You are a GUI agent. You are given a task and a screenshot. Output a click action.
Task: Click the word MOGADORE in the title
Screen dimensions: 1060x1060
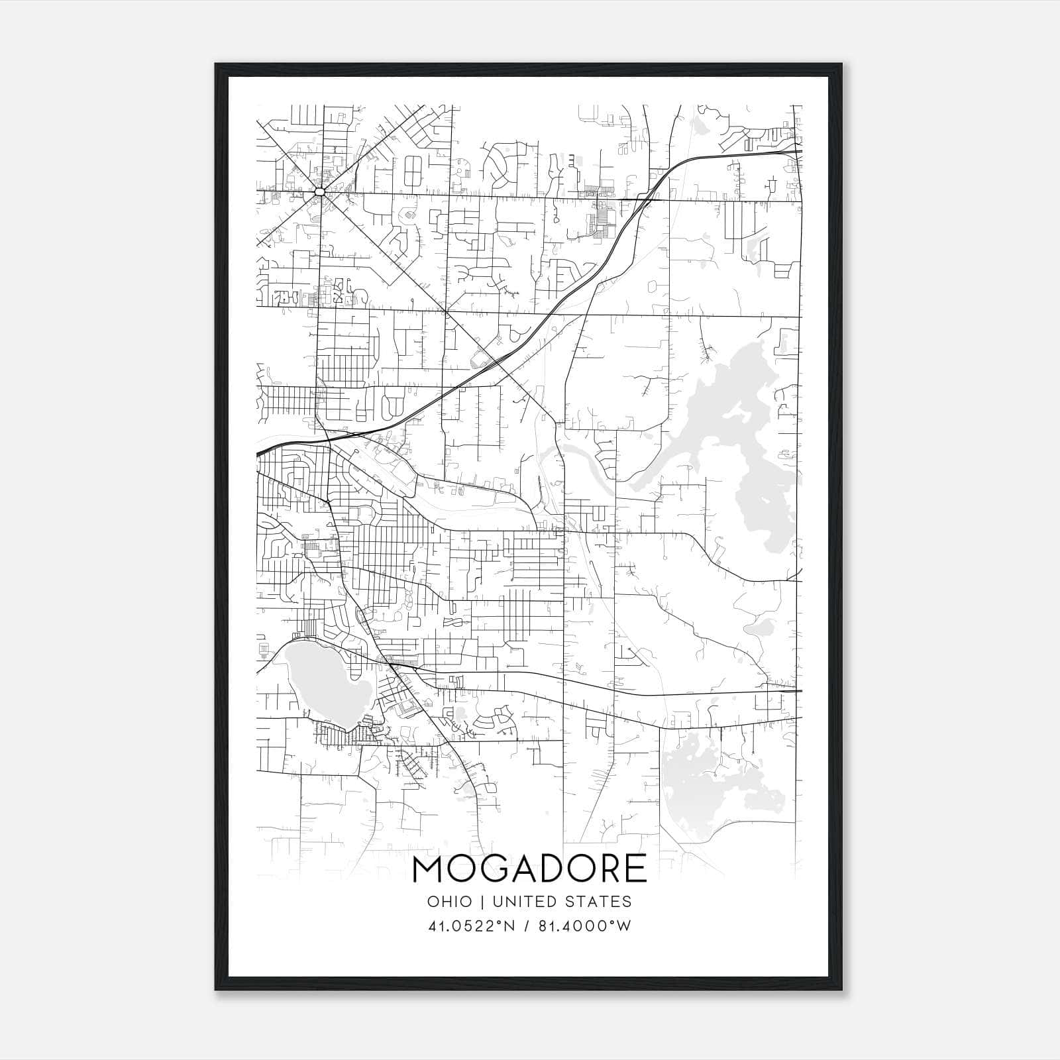point(529,869)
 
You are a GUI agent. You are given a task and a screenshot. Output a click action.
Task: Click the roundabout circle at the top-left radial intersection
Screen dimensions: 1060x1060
point(320,191)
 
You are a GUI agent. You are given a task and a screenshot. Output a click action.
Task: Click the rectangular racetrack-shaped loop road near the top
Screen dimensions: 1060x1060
point(413,171)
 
